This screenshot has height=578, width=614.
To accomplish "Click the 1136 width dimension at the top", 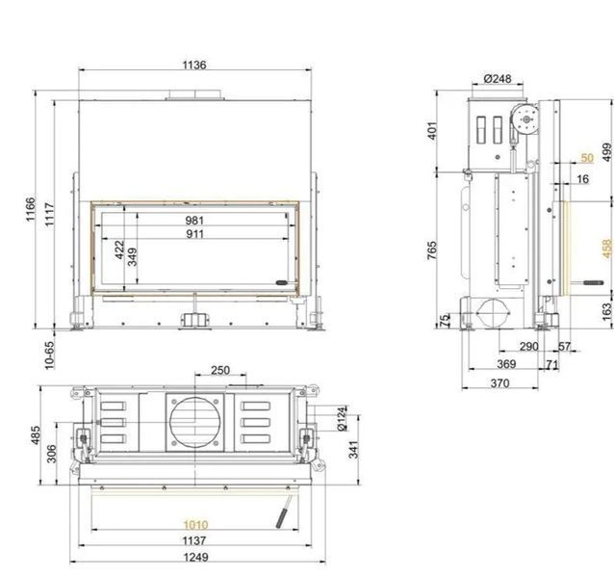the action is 194,65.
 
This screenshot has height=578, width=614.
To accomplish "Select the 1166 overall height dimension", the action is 31,210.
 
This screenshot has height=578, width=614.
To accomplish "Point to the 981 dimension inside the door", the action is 194,221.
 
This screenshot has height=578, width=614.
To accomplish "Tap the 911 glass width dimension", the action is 194,234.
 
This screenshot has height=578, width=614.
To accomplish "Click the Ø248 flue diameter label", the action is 498,79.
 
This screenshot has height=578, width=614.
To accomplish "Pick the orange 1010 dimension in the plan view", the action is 195,524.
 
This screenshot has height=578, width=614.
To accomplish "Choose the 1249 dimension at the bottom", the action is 195,557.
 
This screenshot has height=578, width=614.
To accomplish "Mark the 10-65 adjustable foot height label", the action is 50,355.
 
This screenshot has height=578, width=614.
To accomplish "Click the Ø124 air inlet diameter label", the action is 342,419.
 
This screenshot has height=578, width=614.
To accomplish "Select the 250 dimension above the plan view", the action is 220,370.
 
